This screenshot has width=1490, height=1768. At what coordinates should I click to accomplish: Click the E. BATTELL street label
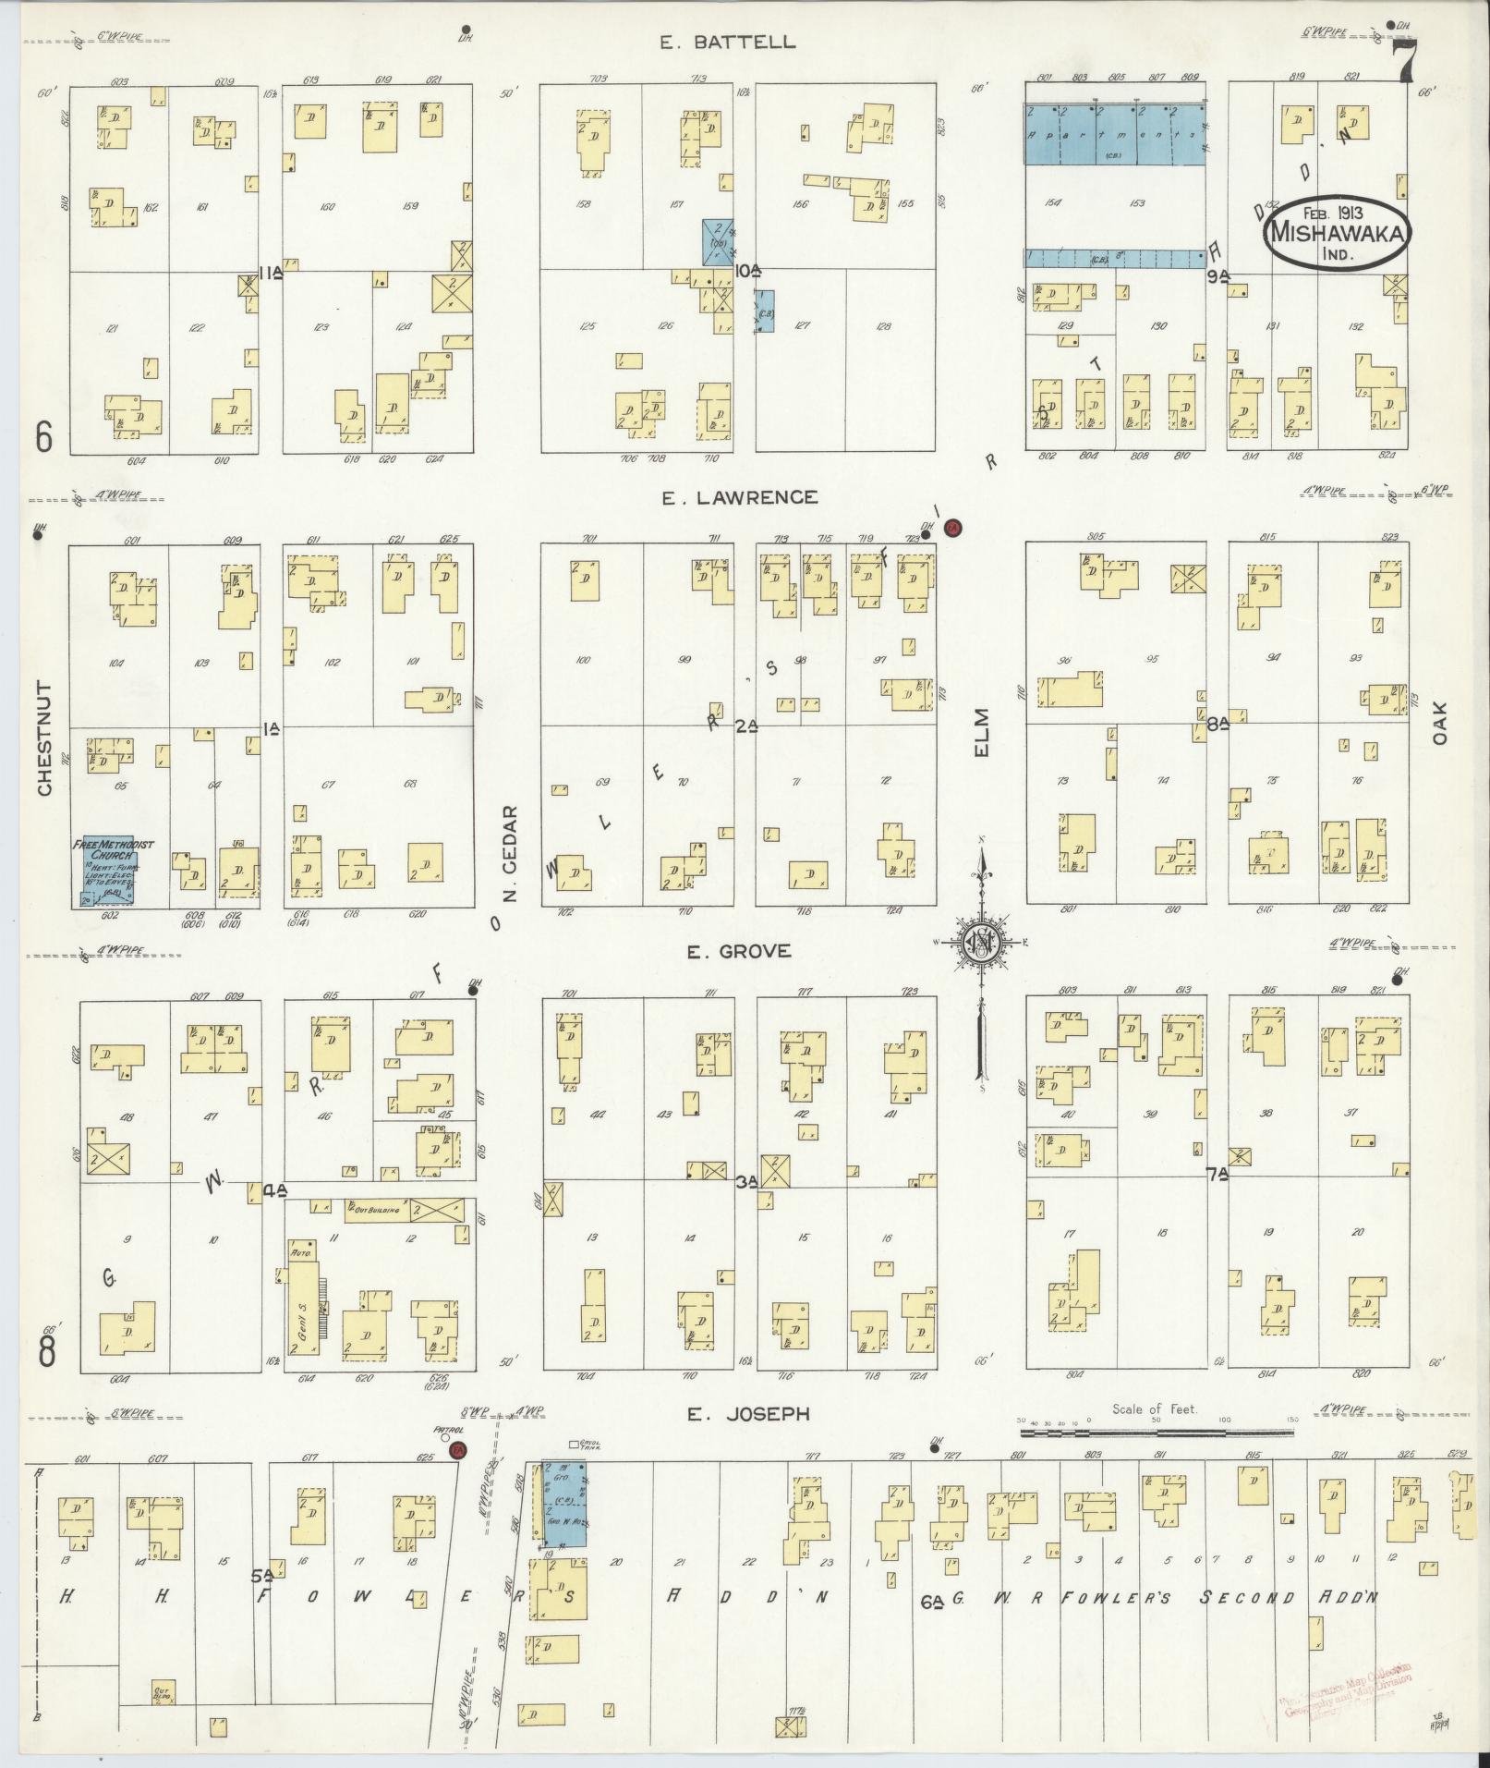click(x=728, y=43)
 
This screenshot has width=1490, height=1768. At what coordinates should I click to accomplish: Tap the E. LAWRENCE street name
click(x=739, y=498)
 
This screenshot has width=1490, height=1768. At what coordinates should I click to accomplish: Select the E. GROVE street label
click(x=738, y=951)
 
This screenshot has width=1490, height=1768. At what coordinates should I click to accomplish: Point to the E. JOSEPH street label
click(x=749, y=1439)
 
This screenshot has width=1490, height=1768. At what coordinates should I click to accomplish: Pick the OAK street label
click(x=1440, y=722)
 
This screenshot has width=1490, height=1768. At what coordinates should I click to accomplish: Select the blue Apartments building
click(x=1114, y=134)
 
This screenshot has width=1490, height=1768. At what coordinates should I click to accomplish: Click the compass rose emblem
click(x=982, y=944)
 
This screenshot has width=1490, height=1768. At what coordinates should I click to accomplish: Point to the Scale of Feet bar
click(x=1157, y=1458)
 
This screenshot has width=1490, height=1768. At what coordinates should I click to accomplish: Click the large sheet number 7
click(x=1407, y=63)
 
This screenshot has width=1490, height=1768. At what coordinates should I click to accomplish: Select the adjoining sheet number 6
click(x=44, y=437)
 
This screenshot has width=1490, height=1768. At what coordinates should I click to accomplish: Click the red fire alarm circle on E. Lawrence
click(x=953, y=528)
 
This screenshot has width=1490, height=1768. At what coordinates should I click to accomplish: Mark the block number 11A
click(x=270, y=272)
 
